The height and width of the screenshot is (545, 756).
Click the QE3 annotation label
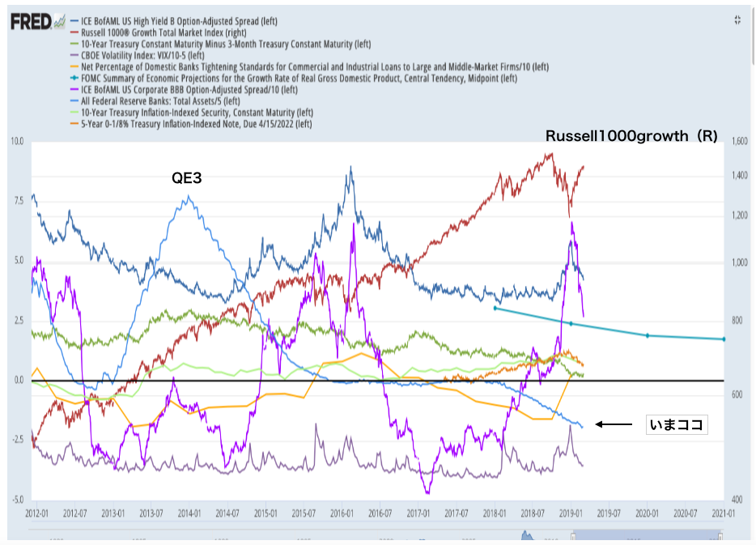coord(185,177)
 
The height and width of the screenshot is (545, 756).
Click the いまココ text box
coord(676,424)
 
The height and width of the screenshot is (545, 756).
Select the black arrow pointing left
coord(616,424)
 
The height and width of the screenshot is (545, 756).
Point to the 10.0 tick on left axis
coord(18,142)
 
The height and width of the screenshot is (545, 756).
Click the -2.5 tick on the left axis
coord(18,441)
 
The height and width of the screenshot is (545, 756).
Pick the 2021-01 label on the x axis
coord(723,513)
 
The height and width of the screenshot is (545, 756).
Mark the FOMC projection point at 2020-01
coord(647,335)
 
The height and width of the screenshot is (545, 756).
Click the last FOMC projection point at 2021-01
coord(724,339)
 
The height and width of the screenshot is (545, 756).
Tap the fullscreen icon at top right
coord(737,20)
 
